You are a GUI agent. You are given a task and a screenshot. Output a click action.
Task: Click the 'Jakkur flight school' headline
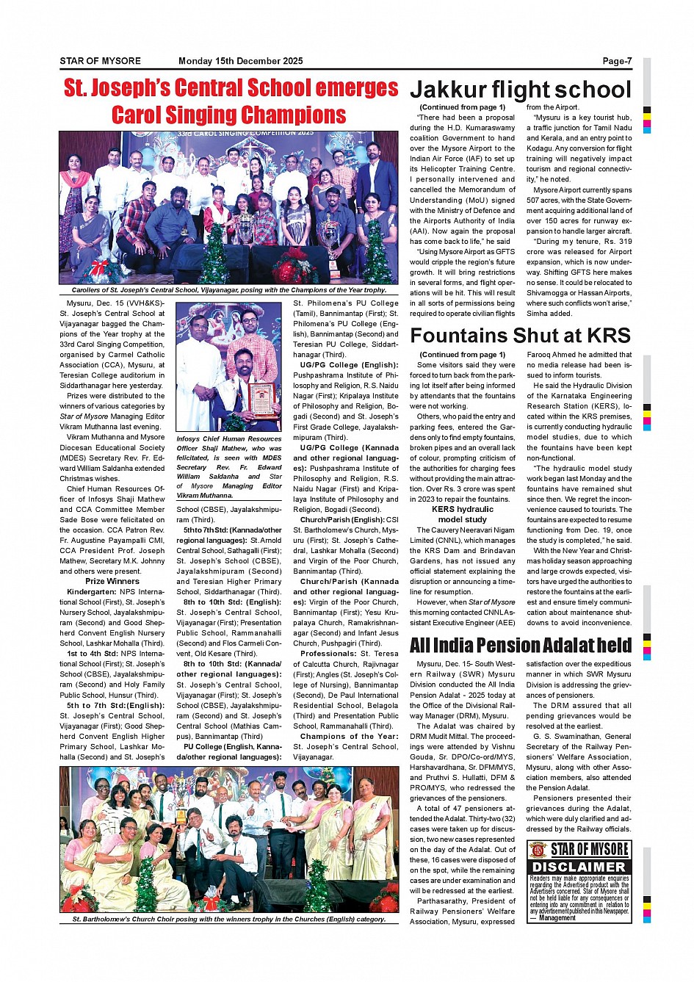coord(520,90)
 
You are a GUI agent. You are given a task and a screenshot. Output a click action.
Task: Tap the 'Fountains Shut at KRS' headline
coord(520,336)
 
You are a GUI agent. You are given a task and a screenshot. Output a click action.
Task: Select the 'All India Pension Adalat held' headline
coord(520,646)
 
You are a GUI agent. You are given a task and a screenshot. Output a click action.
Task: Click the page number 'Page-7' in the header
coord(616,62)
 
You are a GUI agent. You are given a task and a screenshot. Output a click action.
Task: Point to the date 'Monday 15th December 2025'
coord(240,62)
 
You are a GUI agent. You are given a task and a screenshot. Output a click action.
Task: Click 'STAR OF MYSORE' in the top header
coord(100,62)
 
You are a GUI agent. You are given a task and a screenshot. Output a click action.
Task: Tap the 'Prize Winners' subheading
coord(112,581)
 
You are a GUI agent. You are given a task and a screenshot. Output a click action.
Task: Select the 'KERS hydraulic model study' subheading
coord(462,514)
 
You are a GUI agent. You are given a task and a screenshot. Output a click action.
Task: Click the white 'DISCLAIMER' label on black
coord(579,867)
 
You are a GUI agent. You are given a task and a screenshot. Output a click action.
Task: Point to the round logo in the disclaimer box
coord(538,850)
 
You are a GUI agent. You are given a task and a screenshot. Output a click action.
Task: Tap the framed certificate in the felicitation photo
coord(261,399)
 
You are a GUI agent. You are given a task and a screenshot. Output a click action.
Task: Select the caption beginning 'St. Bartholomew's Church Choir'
coord(228,919)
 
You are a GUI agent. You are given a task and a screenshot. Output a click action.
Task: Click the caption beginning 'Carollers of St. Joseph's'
coord(228,290)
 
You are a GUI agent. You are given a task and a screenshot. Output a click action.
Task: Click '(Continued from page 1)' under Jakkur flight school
coord(462,107)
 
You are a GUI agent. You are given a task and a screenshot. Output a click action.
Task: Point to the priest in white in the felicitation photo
coord(199,375)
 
